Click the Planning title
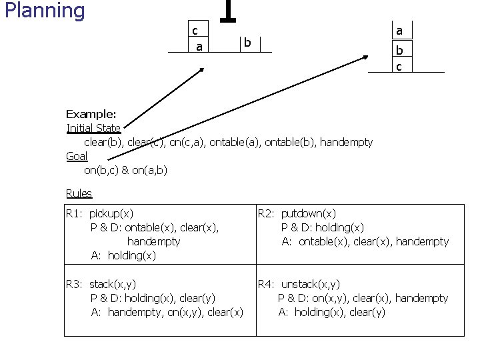click(45, 11)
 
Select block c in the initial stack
click(198, 29)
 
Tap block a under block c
click(198, 45)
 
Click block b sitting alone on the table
click(250, 44)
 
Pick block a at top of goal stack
click(402, 30)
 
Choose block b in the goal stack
click(402, 49)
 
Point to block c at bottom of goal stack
click(402, 65)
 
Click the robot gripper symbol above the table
click(228, 11)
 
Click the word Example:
click(91, 114)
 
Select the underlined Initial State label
click(94, 128)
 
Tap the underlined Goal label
click(77, 156)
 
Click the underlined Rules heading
click(79, 193)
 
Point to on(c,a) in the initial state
click(187, 143)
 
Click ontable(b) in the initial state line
click(290, 143)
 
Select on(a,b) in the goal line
click(150, 170)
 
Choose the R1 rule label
click(74, 213)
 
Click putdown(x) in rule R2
click(309, 213)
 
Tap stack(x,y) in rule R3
click(113, 285)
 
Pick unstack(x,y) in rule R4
click(311, 285)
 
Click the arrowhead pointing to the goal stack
click(365, 57)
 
